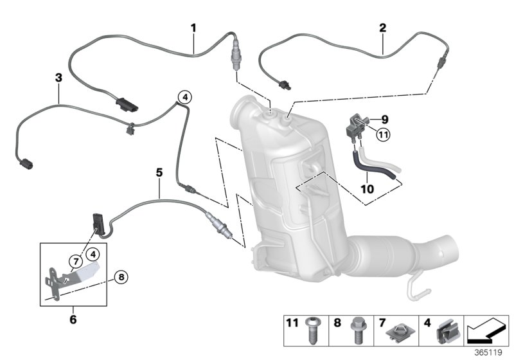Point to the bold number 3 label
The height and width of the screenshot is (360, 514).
point(58,77)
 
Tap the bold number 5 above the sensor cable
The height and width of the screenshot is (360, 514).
point(159,172)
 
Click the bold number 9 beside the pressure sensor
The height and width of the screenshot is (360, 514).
point(385,119)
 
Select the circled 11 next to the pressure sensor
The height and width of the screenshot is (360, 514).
point(384,134)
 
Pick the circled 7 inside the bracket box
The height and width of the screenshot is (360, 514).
point(75,260)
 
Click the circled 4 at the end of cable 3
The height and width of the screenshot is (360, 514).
point(184,97)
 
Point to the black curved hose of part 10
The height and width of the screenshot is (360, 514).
point(364,163)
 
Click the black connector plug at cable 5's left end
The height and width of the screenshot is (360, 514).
point(98,220)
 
